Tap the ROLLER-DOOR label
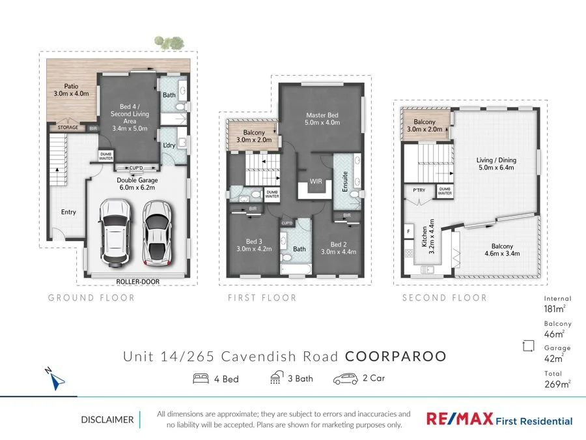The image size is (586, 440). (x=138, y=282)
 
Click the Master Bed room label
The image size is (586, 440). (x=322, y=119)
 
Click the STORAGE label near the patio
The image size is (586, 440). (x=67, y=128)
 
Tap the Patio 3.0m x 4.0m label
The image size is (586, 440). (x=71, y=90)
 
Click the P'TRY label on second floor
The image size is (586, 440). (x=419, y=190)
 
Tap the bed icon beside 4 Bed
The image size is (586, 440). (x=201, y=379)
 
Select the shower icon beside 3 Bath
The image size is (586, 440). (x=276, y=378)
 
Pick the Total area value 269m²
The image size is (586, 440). (x=557, y=384)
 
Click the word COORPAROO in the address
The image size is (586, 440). (x=395, y=357)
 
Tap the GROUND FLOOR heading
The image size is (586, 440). (x=91, y=298)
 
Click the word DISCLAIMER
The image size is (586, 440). (x=107, y=420)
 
